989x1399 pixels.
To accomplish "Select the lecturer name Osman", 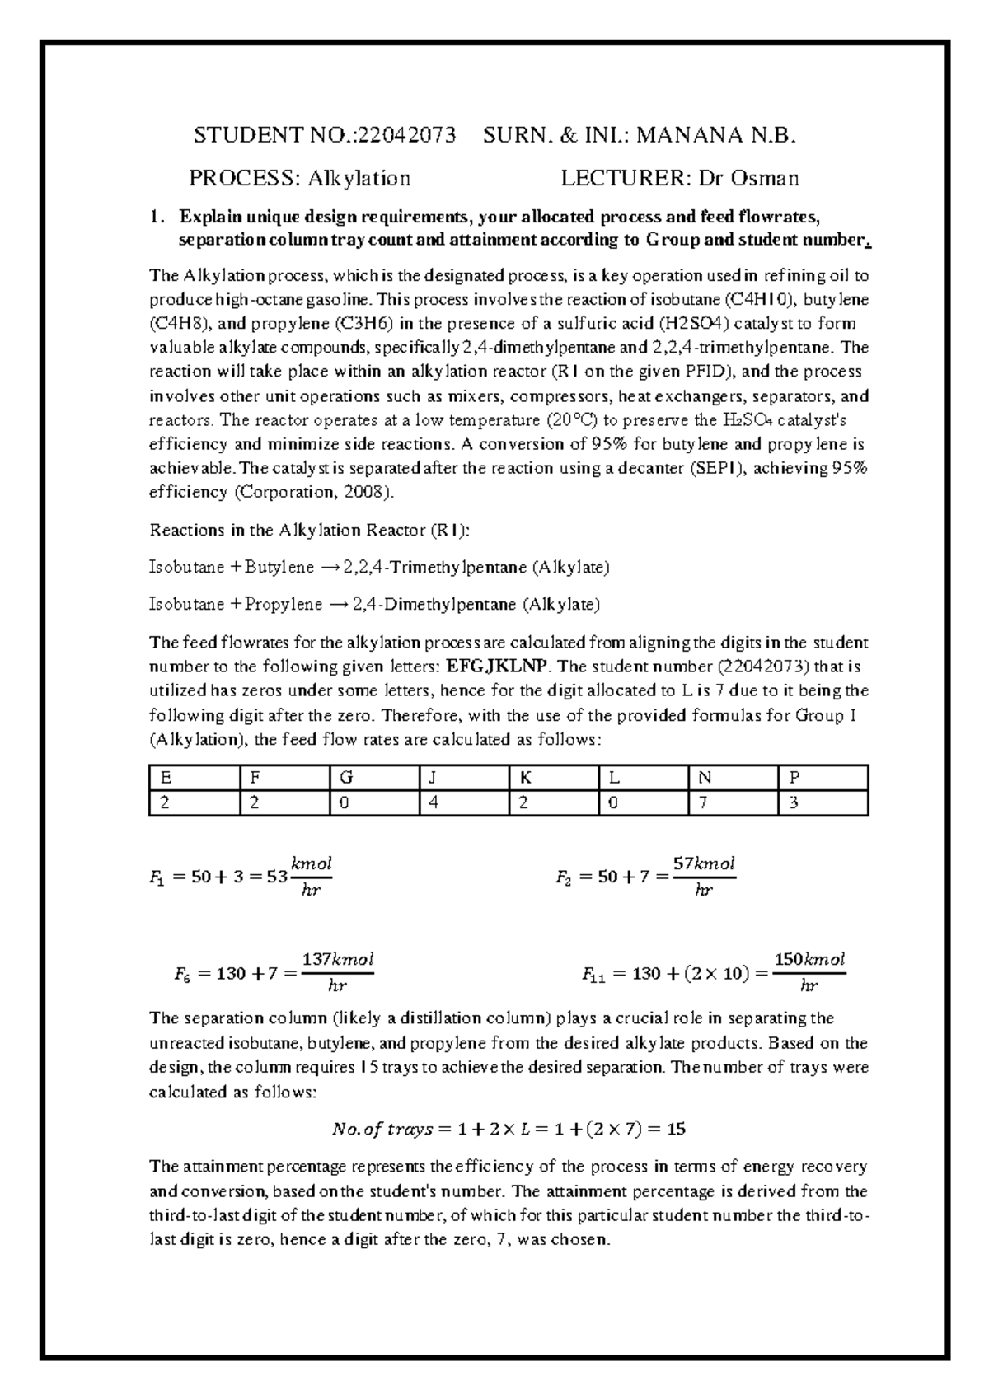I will tap(765, 178).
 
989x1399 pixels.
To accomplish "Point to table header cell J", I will tap(434, 777).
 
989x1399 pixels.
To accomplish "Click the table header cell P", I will tap(794, 777).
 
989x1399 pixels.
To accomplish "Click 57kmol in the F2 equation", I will tap(704, 864).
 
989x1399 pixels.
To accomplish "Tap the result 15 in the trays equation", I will tap(676, 1130).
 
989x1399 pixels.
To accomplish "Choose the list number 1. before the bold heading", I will tap(157, 218).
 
